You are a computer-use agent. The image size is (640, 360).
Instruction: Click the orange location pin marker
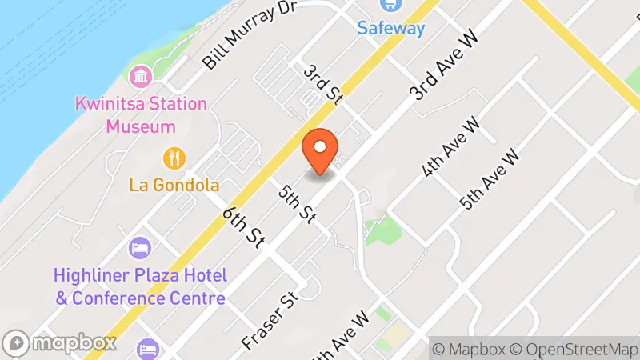(x=320, y=150)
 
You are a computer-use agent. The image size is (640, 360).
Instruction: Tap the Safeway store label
(x=391, y=29)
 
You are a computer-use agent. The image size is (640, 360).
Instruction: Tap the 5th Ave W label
(x=492, y=178)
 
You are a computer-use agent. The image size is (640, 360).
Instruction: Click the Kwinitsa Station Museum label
(x=141, y=115)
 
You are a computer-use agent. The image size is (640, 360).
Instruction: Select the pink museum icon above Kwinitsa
(x=141, y=78)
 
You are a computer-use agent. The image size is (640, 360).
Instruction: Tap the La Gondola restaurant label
(x=174, y=186)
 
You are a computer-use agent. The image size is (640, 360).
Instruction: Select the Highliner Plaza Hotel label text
(x=140, y=286)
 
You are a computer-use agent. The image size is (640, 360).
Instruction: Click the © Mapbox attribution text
(x=470, y=350)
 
